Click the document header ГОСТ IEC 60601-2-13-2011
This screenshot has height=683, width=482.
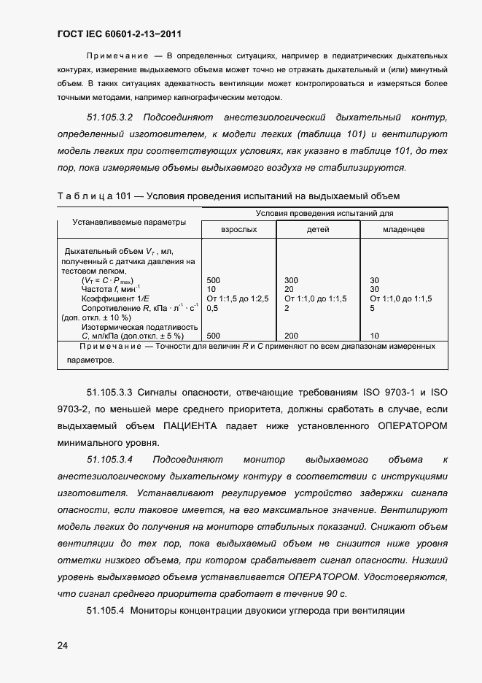point(119,34)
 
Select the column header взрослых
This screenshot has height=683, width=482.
point(239,230)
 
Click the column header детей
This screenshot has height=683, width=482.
point(319,230)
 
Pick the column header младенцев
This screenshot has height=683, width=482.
point(403,230)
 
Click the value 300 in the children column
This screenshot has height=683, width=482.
point(291,280)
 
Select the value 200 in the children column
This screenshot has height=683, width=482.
point(291,336)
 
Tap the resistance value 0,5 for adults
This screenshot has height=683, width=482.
point(213,308)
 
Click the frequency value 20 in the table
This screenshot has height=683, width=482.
point(289,290)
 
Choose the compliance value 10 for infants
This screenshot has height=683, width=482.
point(374,336)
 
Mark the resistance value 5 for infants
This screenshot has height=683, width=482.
point(372,308)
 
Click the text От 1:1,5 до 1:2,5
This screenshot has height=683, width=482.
point(238,298)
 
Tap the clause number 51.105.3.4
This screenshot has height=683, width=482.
point(109,459)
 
